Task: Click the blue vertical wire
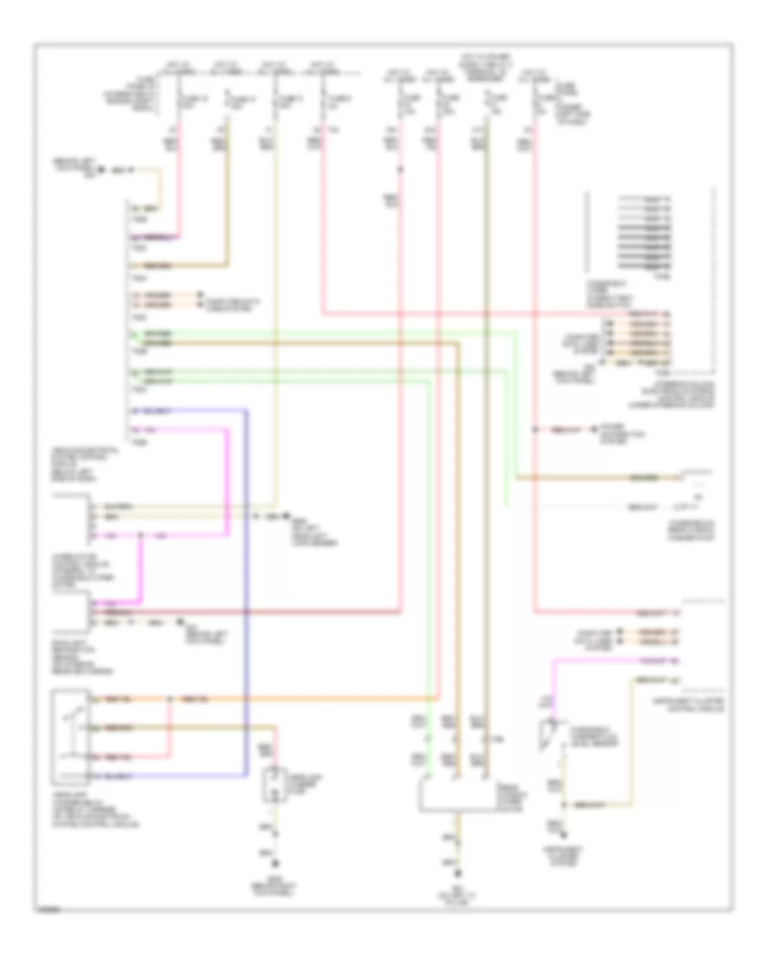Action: coord(247,590)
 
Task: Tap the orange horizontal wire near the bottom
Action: coord(304,699)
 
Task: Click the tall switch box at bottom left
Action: coord(69,734)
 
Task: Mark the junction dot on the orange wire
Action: coord(172,699)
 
